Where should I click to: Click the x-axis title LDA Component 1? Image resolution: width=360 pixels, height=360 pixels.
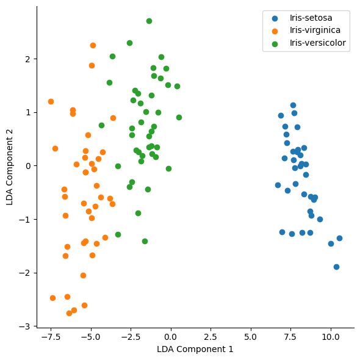click(194, 350)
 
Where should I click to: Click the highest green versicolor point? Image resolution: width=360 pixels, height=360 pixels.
click(149, 21)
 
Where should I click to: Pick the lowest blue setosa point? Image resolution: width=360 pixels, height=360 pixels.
click(336, 267)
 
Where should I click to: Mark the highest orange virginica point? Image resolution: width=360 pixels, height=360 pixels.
click(93, 45)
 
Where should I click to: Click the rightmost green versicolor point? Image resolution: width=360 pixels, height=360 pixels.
click(179, 117)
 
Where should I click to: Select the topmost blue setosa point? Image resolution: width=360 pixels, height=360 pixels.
click(293, 105)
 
